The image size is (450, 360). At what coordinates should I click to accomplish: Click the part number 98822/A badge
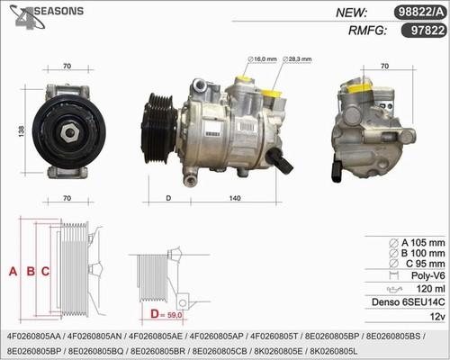(x=420, y=13)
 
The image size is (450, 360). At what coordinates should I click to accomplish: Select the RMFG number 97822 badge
(x=424, y=31)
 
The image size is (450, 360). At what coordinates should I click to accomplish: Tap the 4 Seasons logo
(x=46, y=16)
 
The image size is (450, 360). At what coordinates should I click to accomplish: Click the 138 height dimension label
(x=22, y=131)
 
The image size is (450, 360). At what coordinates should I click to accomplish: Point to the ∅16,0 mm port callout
(x=262, y=59)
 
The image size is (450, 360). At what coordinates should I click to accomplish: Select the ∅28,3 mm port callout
(x=297, y=59)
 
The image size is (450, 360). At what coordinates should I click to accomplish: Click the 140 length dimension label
(x=235, y=198)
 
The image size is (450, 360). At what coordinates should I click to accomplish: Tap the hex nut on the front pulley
(x=70, y=132)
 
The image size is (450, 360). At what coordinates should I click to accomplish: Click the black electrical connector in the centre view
(x=281, y=160)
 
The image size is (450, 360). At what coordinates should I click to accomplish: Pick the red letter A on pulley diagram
(x=13, y=271)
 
